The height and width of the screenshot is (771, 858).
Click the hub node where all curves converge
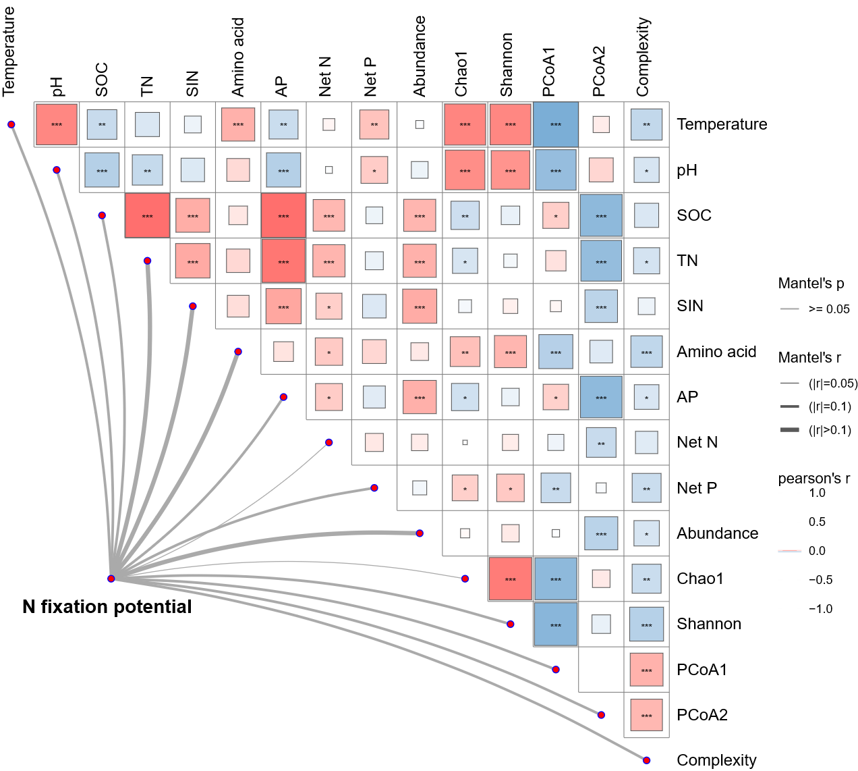111,579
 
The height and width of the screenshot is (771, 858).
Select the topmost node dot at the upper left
11,124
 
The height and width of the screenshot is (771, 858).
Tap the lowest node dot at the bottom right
646,760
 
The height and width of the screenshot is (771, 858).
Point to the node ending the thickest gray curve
420,533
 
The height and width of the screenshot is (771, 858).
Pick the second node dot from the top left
57,170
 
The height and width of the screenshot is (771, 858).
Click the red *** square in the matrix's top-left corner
57,124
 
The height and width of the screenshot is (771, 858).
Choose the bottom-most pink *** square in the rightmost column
646,715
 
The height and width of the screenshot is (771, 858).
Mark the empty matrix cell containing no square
601,670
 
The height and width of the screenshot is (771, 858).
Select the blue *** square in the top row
556,124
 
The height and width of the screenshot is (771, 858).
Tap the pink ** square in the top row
374,124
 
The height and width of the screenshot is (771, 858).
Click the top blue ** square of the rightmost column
646,124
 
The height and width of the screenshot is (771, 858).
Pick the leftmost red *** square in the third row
147,215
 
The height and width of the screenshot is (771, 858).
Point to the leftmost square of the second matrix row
102,170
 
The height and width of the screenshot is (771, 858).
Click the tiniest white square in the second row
329,170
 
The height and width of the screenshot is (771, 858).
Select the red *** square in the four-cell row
511,579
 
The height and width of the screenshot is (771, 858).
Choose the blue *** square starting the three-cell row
556,624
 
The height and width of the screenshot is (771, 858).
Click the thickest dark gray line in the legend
789,429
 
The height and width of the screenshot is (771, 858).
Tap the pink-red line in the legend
789,551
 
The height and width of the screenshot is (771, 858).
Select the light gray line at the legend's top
789,309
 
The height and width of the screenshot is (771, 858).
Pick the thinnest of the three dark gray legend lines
789,383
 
